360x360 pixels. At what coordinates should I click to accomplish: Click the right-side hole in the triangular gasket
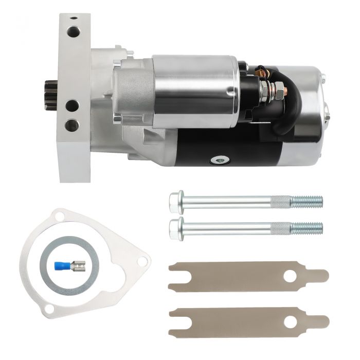[140, 262]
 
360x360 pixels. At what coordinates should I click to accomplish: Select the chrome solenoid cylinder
[195, 90]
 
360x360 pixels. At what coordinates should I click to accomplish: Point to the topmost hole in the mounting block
[73, 32]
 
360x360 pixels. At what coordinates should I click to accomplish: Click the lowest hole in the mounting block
[72, 125]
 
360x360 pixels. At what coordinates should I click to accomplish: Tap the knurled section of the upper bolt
[280, 201]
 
